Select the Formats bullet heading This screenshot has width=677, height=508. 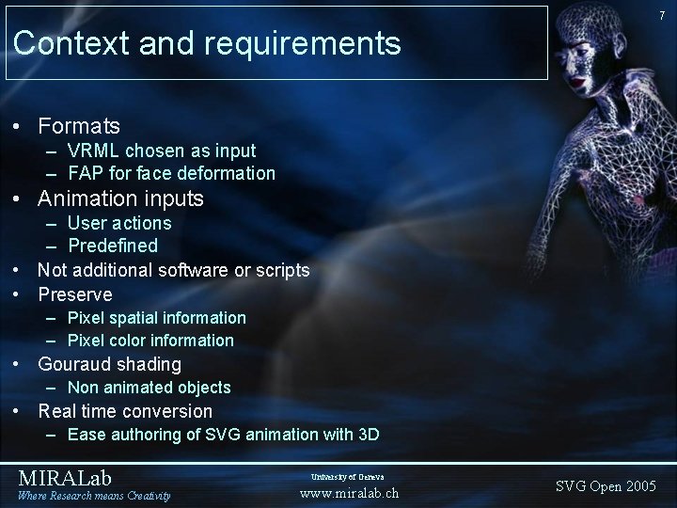click(79, 124)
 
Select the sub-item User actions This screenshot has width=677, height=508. click(119, 223)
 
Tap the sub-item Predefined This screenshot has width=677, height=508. click(113, 246)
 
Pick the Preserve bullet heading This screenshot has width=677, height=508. click(75, 294)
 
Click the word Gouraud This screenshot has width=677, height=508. click(72, 364)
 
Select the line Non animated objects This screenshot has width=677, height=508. click(149, 388)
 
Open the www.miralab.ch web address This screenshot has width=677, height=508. click(349, 492)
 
